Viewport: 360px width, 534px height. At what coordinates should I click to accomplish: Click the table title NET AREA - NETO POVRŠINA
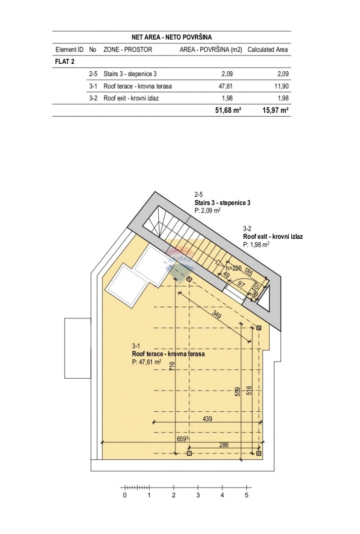coord(172,37)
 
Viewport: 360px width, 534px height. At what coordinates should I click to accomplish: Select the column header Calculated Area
coord(268,50)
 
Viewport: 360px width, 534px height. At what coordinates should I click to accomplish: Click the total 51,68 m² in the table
coord(227,110)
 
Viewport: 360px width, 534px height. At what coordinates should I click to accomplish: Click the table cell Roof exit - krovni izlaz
coord(131,98)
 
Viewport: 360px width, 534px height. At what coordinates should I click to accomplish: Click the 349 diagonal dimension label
coord(216,314)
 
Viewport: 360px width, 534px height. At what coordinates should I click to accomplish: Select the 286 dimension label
coord(224,445)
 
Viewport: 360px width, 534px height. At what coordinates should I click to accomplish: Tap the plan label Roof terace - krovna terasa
coord(168,354)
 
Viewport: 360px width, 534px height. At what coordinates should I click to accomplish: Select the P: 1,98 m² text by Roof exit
coord(256,244)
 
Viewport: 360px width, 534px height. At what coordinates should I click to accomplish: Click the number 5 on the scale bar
coord(246,494)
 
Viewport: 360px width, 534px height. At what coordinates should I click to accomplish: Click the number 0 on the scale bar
coord(125,494)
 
